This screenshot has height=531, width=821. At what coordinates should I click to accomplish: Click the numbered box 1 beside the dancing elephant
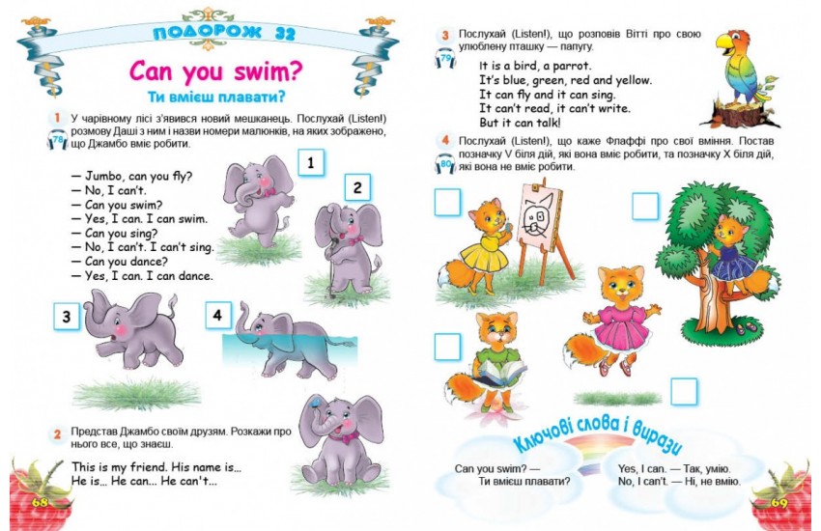[x=311, y=162]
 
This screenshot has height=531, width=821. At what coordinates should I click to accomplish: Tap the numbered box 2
[x=357, y=187]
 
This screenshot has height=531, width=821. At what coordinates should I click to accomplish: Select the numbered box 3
[x=67, y=317]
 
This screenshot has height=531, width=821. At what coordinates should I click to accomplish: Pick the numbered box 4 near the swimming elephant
[x=218, y=315]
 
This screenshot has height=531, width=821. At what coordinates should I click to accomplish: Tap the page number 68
[x=41, y=502]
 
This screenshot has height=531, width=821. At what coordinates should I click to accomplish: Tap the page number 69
[x=779, y=503]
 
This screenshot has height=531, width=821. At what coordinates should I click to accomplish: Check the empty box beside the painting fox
[x=447, y=203]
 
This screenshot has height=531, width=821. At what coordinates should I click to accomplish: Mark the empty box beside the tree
[x=645, y=206]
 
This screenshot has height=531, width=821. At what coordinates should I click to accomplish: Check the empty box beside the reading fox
[x=447, y=347]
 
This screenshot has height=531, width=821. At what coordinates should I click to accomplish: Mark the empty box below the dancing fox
[x=684, y=391]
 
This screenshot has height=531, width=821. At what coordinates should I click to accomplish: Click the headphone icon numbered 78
[x=58, y=140]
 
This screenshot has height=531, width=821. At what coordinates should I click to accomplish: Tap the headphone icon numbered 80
[x=445, y=164]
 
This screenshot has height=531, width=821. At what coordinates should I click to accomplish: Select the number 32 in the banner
[x=285, y=34]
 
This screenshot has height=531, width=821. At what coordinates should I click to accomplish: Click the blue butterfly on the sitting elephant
[x=314, y=403]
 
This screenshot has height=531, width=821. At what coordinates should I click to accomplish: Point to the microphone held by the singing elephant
[x=331, y=254]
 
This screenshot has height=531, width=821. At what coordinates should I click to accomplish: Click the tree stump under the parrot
[x=741, y=114]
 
